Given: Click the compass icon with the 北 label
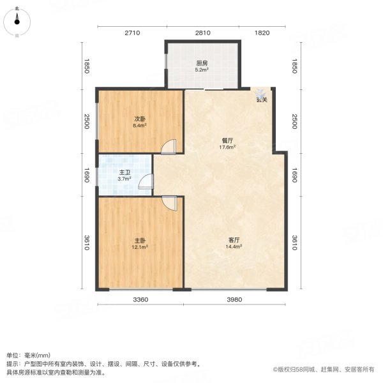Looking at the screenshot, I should [x=18, y=22].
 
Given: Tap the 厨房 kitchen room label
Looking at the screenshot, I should [x=202, y=63].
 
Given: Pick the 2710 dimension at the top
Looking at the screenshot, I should [x=131, y=33].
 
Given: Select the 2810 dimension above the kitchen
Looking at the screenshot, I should [x=202, y=33].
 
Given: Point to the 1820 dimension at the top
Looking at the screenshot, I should [x=262, y=33].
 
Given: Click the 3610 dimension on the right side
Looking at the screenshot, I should [x=294, y=243].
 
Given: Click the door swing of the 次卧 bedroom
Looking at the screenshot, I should [x=169, y=147].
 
